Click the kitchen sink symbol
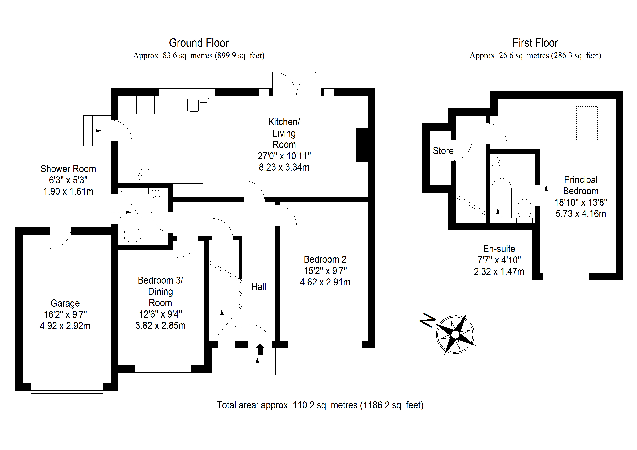coord(198,105)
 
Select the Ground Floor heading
coord(199,43)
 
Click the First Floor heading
coord(535,43)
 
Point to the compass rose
coord(455,335)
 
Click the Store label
coord(443,151)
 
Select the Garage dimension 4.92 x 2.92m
coord(65,326)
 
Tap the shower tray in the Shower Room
coord(131,204)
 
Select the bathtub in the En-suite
coord(501,199)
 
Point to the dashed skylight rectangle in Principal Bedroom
coord(587,124)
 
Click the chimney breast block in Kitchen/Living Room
coord(362,145)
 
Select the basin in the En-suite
coord(495,163)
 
